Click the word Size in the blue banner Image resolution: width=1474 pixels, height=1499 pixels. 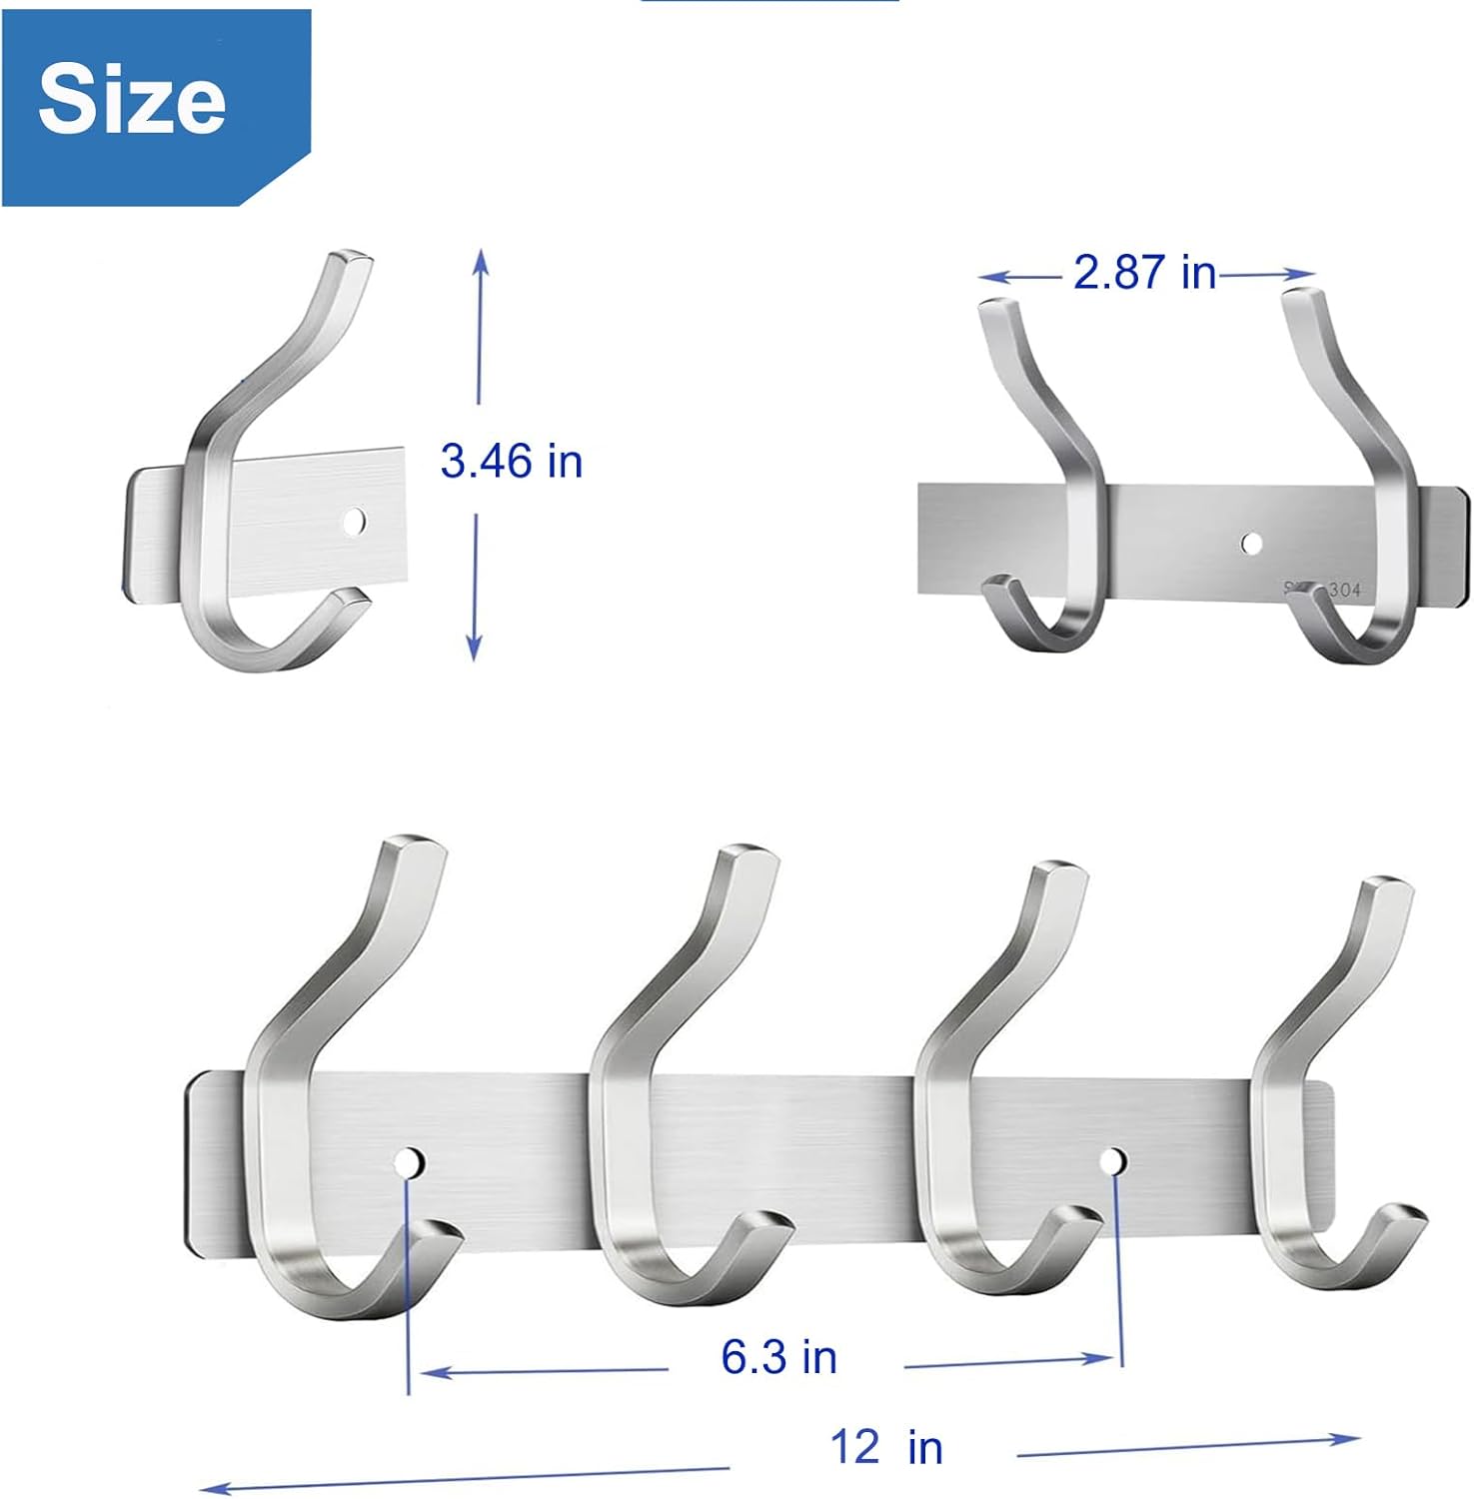tap(132, 98)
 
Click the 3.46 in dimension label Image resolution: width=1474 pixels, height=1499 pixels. tap(511, 462)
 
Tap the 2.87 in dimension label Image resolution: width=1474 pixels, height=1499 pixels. tap(1144, 273)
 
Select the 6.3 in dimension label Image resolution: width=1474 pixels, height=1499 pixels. tap(778, 1357)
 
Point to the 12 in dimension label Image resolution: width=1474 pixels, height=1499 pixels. tap(886, 1447)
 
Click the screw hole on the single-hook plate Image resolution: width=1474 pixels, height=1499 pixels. tap(354, 521)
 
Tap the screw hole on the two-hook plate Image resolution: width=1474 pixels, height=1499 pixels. tap(1251, 543)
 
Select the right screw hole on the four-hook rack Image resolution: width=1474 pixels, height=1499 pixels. tap(1113, 1160)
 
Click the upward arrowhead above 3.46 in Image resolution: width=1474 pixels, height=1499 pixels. tap(481, 258)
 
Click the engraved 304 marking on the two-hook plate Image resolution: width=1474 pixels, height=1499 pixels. tap(1343, 591)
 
